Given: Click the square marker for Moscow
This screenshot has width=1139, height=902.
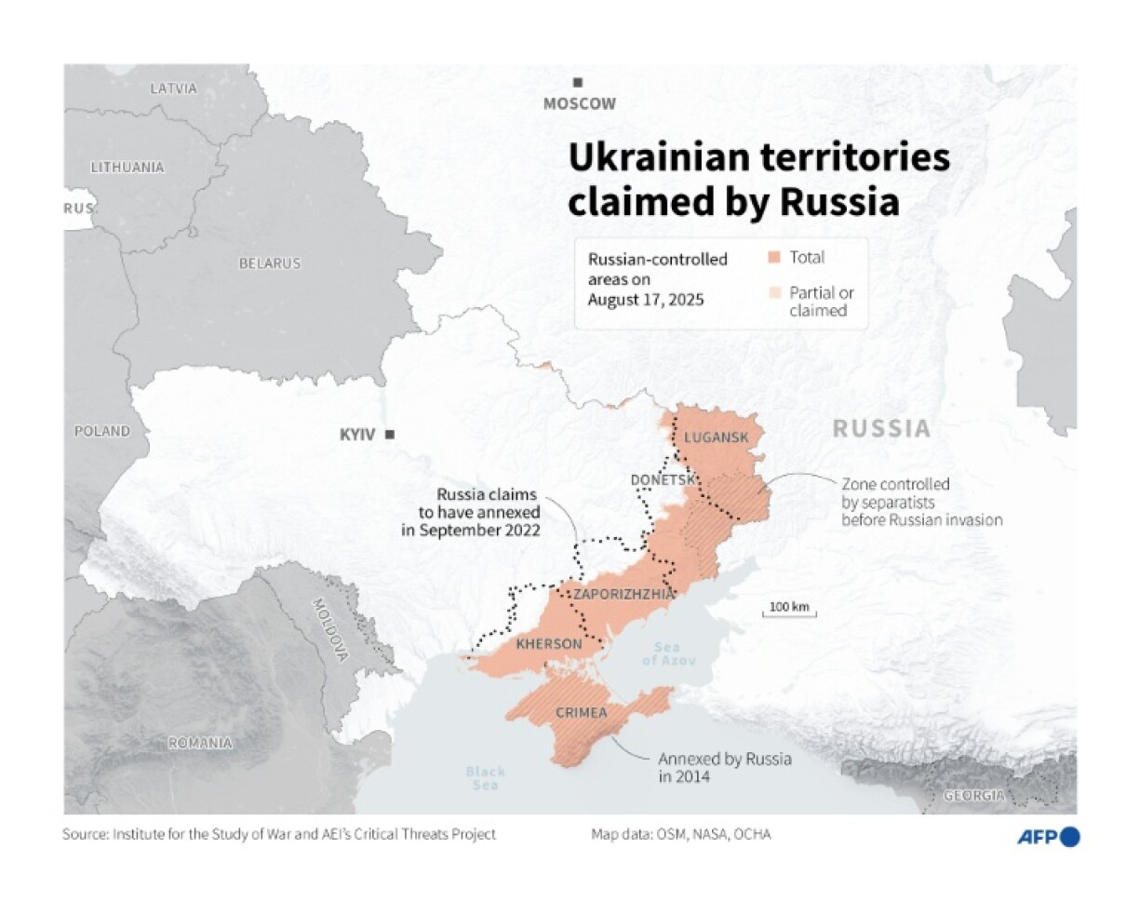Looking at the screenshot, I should pyautogui.click(x=579, y=83).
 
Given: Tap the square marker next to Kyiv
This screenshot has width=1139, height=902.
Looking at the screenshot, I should pyautogui.click(x=390, y=434).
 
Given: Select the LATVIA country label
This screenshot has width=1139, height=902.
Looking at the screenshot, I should pyautogui.click(x=174, y=88).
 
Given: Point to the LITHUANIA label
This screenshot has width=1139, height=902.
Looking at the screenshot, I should pyautogui.click(x=127, y=168).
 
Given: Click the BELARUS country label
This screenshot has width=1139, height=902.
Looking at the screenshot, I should pyautogui.click(x=270, y=263).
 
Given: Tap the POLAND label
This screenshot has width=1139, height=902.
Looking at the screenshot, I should pyautogui.click(x=102, y=432).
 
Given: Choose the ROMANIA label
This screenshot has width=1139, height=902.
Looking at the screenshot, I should pyautogui.click(x=199, y=743).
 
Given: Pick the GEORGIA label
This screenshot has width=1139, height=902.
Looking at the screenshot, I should pyautogui.click(x=973, y=796).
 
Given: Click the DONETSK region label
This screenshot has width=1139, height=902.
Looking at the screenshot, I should pyautogui.click(x=663, y=479).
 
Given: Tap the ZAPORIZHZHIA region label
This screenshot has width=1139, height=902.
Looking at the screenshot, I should pyautogui.click(x=623, y=593).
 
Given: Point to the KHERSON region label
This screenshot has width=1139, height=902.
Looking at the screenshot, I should pyautogui.click(x=548, y=644).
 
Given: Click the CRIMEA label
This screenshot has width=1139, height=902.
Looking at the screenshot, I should pyautogui.click(x=580, y=713).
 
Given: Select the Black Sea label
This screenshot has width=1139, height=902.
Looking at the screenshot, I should pyautogui.click(x=485, y=778).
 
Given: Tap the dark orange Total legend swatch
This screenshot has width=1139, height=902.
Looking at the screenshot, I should pyautogui.click(x=773, y=258).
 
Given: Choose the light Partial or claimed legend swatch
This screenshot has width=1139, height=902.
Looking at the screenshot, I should pyautogui.click(x=773, y=293).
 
